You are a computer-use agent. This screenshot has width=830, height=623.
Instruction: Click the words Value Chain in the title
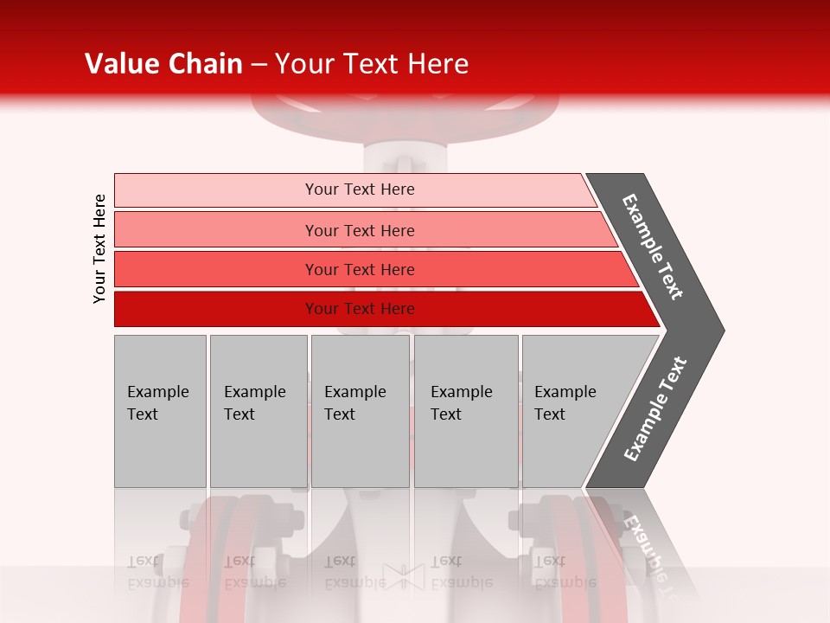pos(163,64)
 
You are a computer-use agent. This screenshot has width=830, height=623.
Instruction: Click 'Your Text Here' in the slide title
pos(372,64)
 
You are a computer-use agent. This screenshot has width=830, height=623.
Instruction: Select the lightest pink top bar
pos(216,189)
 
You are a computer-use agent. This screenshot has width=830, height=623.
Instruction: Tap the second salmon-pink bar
pos(216,230)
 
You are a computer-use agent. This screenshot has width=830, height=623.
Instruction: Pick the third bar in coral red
pos(216,269)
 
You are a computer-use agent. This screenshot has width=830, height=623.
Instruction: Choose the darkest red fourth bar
pos(216,309)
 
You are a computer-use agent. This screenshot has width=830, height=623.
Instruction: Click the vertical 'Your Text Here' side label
pos(99,248)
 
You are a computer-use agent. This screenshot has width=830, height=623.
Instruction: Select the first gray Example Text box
pos(160,411)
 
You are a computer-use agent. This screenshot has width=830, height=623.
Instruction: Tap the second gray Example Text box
pos(258,411)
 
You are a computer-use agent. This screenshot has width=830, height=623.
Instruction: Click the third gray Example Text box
pos(360,411)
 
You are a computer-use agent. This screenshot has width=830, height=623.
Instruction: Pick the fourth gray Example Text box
pos(465,411)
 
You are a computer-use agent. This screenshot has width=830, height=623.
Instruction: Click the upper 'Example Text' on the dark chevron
pos(653,247)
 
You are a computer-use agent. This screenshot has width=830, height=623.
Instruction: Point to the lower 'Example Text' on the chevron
pos(655,408)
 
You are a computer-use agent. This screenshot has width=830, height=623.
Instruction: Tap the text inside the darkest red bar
pos(360,309)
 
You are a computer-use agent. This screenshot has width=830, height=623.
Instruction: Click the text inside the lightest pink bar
pos(360,189)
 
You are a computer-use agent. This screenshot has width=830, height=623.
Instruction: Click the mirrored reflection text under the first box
pos(156,571)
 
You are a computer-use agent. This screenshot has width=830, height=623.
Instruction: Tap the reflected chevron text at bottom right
pos(644,545)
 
